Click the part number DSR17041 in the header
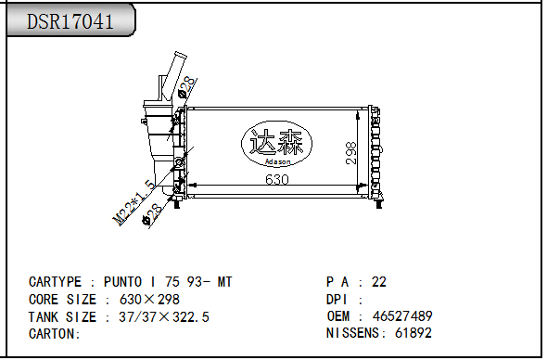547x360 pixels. click(70, 21)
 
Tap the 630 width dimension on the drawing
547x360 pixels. click(277, 179)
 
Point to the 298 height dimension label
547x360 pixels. click(351, 153)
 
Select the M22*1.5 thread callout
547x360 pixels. click(134, 202)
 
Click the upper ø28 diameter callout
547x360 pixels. click(186, 87)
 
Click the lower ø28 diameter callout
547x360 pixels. click(152, 214)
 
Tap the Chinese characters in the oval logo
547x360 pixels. click(276, 142)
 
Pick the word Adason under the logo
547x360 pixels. click(278, 161)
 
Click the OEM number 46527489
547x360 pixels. click(402, 316)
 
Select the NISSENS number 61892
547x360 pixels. click(413, 333)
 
